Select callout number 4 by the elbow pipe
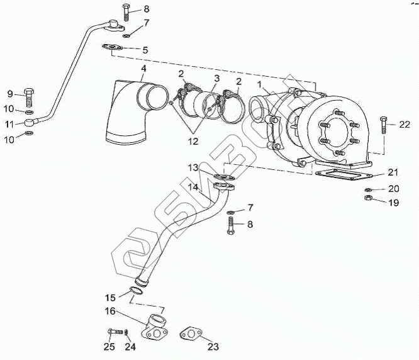tap(143, 68)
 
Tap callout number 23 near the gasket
tap(213, 346)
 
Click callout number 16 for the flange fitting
tap(109, 310)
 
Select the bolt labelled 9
tap(30, 98)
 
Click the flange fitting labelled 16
tap(154, 328)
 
